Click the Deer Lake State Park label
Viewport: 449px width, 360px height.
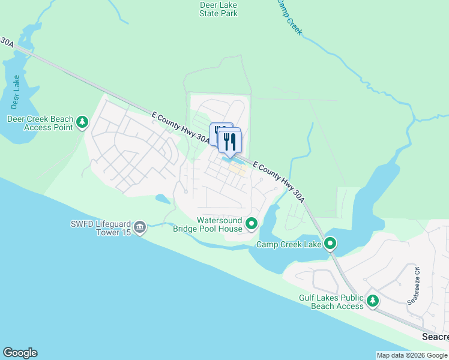(218, 9)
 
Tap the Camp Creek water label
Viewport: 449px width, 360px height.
(289, 17)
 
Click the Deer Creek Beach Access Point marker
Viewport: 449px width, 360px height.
(82, 124)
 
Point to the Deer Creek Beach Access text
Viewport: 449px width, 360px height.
(39, 123)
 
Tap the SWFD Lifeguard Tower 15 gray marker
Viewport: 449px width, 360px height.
(140, 227)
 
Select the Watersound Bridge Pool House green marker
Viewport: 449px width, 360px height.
(252, 225)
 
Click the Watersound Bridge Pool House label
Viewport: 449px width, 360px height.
(208, 224)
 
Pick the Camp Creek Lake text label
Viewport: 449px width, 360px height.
(289, 244)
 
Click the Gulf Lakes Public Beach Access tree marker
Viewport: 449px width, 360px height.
(373, 301)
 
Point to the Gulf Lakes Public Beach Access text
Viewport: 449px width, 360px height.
(331, 302)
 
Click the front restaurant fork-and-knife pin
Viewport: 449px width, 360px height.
(230, 142)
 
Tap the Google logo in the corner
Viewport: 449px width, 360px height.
(20, 352)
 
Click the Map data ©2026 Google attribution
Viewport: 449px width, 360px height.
(412, 355)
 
